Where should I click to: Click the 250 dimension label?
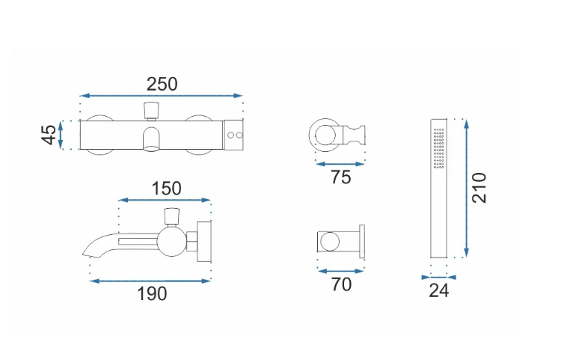point(162,85)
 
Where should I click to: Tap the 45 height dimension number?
point(49,135)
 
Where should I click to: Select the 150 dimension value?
point(166,189)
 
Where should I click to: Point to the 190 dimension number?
point(152,293)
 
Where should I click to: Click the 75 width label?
point(340,177)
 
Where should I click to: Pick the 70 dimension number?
point(341,284)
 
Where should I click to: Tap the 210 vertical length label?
point(479,188)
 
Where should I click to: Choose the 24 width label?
point(438,290)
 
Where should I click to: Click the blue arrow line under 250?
point(162,96)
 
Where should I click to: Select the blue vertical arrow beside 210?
point(467,188)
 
